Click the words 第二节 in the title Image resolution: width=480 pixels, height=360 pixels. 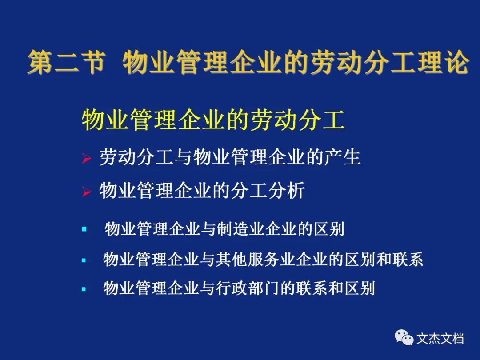coord(66,63)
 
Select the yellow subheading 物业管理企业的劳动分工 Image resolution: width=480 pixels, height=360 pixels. coord(213,120)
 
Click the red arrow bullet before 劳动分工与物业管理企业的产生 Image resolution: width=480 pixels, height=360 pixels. coord(86,158)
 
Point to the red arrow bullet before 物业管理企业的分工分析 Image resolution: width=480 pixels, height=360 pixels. coord(86,192)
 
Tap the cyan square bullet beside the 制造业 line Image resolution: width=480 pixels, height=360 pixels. coord(84,229)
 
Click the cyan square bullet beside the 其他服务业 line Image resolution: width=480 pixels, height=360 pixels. coord(84,260)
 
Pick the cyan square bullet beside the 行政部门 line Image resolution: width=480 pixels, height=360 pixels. coord(84,289)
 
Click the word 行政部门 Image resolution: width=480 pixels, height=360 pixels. coord(248,288)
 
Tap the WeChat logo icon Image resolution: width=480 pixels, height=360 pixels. coord(404,337)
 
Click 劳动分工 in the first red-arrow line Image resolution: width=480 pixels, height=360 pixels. coord(136,157)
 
